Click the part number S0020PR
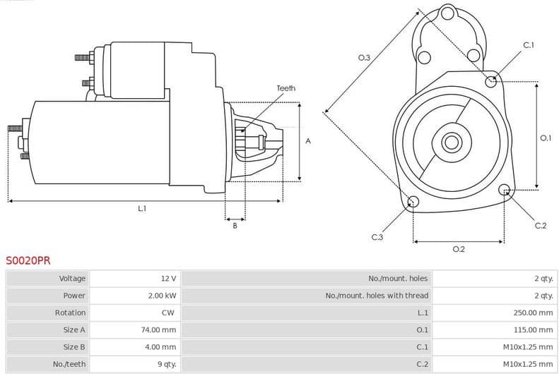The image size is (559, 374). click(28, 260)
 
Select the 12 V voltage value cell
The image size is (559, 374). click(169, 279)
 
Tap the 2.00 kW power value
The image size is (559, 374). click(162, 296)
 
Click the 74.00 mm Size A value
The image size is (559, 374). click(159, 330)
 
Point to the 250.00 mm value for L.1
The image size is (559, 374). click(533, 313)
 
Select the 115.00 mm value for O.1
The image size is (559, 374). click(533, 330)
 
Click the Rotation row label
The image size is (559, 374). click(70, 313)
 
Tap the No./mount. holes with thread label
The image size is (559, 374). click(376, 296)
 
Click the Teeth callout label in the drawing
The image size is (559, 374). click(286, 88)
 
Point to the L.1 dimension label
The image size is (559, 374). click(142, 208)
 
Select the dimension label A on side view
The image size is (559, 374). click(308, 141)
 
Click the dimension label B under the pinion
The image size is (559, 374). click(235, 225)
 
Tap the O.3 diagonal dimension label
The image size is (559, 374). click(365, 57)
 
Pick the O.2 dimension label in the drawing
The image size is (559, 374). click(458, 249)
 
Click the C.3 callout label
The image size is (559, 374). click(377, 237)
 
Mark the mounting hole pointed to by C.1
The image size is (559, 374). click(491, 81)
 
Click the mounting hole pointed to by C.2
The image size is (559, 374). click(505, 190)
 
